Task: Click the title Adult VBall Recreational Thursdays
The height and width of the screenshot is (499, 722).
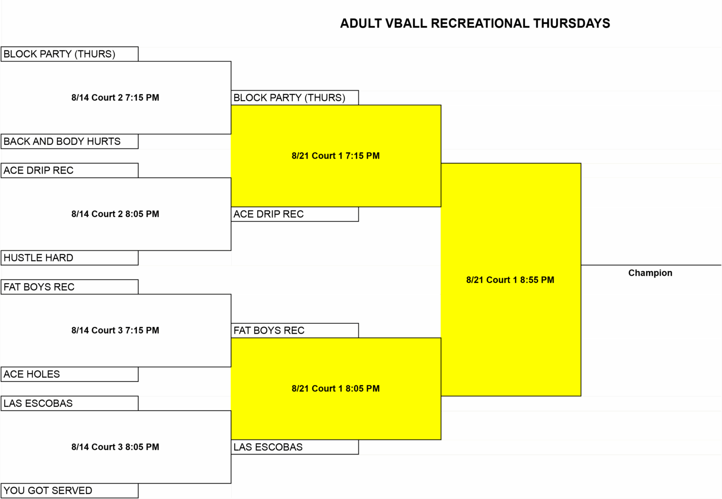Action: point(475,23)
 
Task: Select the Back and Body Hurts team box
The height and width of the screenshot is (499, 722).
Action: point(70,141)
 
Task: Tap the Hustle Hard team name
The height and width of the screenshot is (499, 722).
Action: point(39,257)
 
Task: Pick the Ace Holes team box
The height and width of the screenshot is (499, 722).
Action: point(70,374)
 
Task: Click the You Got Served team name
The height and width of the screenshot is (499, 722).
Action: point(47,491)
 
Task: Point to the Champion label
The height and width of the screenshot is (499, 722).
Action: point(650,273)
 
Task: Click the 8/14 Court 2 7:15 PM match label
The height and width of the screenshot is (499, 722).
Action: point(115,98)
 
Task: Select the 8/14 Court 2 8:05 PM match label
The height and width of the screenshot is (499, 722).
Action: point(115,214)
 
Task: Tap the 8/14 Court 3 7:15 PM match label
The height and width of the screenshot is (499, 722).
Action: point(115,330)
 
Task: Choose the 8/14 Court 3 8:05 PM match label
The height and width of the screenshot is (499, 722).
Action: point(115,447)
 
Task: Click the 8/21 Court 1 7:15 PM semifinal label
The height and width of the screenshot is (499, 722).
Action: point(336,156)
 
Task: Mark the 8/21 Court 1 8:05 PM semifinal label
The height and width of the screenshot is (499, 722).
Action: point(336,389)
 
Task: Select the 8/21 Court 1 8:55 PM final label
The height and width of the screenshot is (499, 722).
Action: point(510,280)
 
